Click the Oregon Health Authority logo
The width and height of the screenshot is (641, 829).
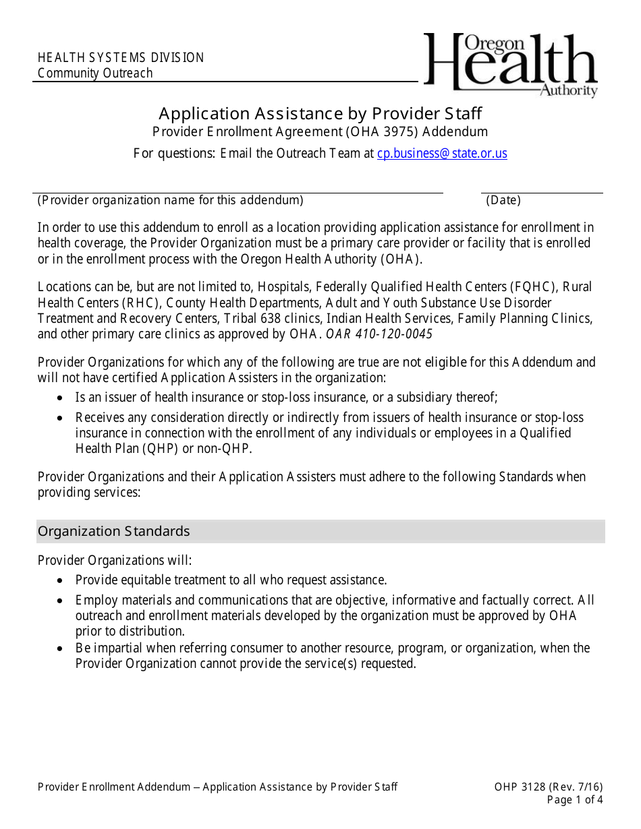[511, 65]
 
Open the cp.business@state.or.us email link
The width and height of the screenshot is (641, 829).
[442, 154]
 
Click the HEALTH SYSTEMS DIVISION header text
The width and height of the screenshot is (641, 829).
[121, 58]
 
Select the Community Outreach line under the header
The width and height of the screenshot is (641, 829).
[95, 73]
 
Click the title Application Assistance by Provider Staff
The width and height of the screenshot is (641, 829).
[320, 113]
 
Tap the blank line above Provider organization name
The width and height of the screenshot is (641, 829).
[240, 191]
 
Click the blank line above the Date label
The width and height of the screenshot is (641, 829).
[541, 191]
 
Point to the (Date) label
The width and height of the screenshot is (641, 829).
[503, 200]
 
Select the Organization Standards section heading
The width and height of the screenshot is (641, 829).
[114, 532]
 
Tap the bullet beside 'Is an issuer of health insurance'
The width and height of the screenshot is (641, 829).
[61, 398]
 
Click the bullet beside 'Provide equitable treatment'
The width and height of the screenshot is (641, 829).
[61, 580]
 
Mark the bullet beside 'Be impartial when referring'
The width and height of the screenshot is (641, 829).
[61, 648]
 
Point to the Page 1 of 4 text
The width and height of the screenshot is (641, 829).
[574, 801]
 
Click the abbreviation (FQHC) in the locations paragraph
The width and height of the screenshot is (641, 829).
[535, 287]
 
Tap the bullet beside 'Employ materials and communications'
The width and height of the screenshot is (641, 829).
[61, 601]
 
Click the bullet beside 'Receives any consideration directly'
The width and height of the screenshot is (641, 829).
[61, 418]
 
